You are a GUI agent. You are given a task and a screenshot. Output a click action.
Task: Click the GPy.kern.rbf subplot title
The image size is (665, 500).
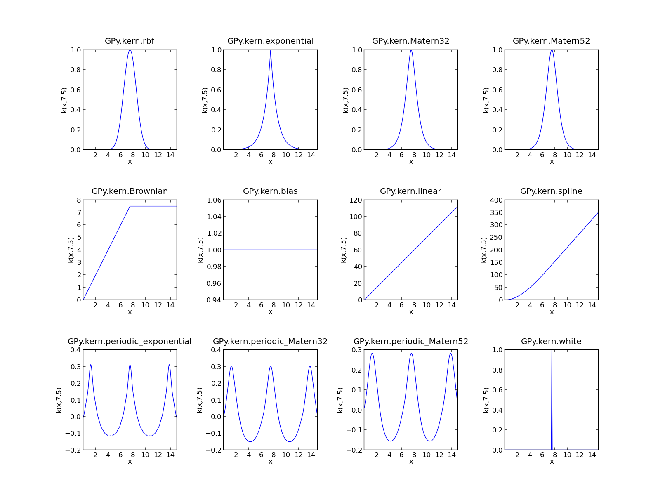(x=130, y=41)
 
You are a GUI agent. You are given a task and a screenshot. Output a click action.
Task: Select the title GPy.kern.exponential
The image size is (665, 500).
(x=270, y=41)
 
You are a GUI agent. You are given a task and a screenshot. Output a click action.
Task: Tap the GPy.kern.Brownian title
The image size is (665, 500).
(x=130, y=191)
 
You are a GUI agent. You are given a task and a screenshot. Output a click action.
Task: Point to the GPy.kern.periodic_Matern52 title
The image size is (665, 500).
(x=410, y=342)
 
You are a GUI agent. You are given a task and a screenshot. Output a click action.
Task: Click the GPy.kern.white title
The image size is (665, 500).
(x=551, y=342)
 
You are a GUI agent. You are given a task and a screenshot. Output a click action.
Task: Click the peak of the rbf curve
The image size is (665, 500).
(x=130, y=50)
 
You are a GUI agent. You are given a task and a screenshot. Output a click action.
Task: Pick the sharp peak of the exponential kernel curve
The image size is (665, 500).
(x=270, y=50)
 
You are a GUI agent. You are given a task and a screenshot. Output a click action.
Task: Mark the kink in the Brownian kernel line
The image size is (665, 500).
(x=130, y=206)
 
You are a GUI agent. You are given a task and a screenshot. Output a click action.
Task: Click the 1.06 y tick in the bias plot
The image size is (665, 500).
(x=214, y=200)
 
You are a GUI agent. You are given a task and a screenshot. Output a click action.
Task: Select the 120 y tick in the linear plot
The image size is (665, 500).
(x=356, y=200)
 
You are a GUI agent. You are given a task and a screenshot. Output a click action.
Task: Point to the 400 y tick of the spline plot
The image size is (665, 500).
(x=497, y=200)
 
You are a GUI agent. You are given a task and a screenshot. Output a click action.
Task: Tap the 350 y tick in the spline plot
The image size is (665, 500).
(x=497, y=212)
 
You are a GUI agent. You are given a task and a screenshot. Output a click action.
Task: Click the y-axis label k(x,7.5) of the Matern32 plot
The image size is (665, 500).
(x=346, y=100)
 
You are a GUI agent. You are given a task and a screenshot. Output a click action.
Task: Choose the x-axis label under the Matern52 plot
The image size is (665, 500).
(x=552, y=162)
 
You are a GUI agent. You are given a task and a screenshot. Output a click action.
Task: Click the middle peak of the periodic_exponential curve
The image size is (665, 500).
(x=130, y=365)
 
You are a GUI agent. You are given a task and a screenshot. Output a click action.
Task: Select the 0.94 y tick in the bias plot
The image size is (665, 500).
(x=214, y=300)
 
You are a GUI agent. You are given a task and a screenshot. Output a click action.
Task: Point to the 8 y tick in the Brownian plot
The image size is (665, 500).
(x=78, y=200)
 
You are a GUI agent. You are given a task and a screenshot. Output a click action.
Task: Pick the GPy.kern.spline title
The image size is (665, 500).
(x=551, y=191)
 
